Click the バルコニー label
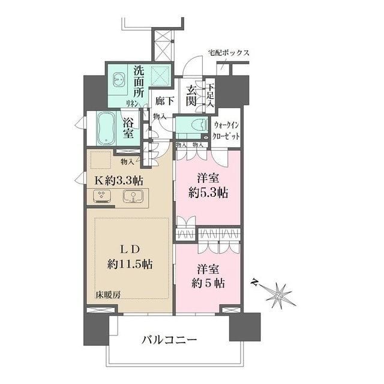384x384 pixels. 169,340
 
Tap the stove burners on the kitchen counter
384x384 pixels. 101,196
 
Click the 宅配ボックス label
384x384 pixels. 229,53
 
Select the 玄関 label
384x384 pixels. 191,96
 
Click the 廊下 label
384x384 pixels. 164,101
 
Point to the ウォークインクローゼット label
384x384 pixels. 227,131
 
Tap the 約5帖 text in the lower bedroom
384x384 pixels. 208,283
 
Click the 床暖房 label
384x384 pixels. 108,294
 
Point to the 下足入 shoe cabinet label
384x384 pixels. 209,95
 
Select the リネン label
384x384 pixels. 132,103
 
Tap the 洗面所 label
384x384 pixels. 138,81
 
